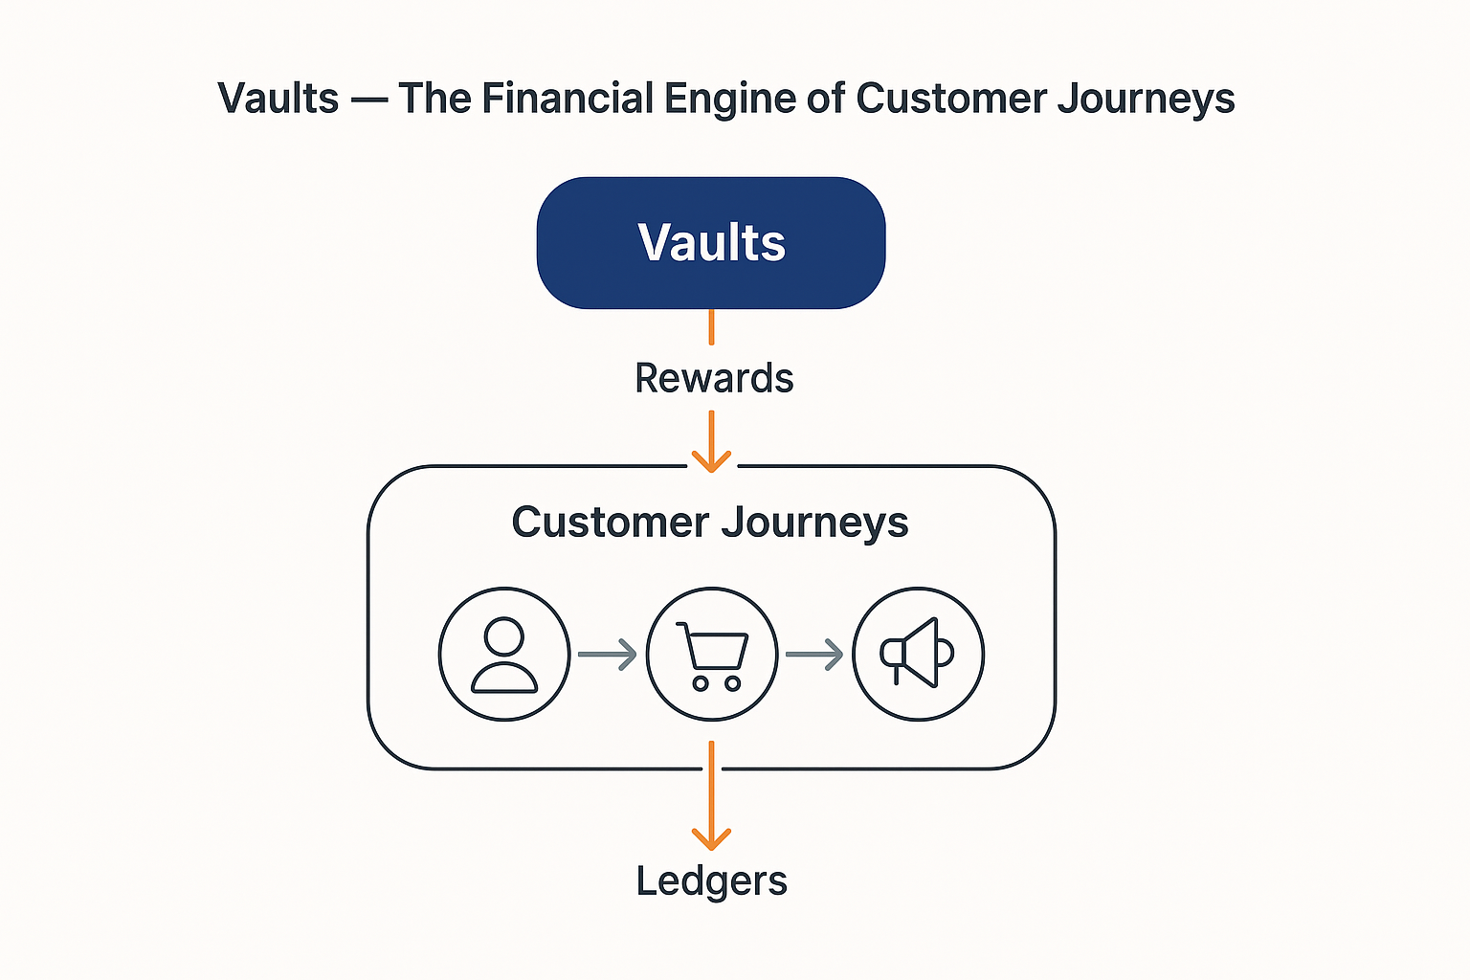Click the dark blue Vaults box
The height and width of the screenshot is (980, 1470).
pos(711,242)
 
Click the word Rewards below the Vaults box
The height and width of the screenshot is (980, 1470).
pos(714,378)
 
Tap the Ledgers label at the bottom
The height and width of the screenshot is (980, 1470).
pos(711,880)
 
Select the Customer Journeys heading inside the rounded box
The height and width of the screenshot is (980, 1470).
pos(709,523)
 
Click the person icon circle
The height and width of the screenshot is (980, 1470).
pos(504,654)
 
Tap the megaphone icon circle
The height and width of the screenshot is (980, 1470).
pos(918,654)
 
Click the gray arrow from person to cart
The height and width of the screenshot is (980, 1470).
pos(608,655)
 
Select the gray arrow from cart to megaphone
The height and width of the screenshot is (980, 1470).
pos(814,655)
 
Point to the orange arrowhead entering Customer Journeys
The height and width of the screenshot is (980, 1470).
pos(711,460)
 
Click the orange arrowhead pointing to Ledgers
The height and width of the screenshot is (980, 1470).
pos(711,838)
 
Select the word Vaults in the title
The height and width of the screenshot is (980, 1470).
pos(278,99)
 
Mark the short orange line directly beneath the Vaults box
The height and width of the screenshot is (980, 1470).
pos(711,326)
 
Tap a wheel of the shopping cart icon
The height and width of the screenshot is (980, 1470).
pos(701,683)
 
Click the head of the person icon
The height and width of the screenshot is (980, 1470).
pos(504,636)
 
